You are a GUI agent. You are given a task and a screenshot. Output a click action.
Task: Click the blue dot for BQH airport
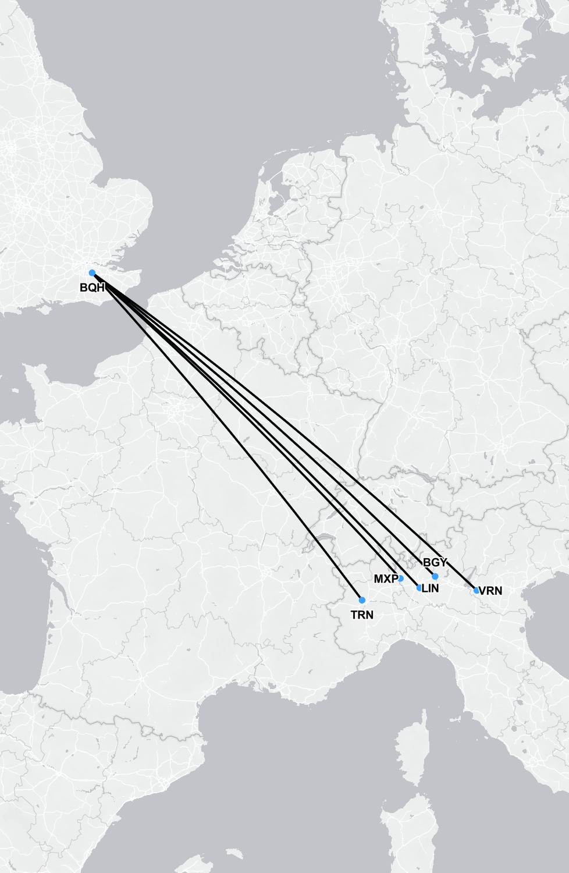[92, 273]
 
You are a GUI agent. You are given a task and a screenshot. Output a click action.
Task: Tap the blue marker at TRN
[362, 600]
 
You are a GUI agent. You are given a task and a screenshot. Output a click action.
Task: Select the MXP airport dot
[400, 579]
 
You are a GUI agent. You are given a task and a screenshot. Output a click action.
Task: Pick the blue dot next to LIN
[419, 588]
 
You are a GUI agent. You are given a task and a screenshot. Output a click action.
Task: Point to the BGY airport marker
[435, 576]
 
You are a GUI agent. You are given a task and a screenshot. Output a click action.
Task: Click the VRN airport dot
[476, 591]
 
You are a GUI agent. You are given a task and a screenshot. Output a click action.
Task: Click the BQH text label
[92, 288]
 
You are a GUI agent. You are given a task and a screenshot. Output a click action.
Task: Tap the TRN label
[362, 615]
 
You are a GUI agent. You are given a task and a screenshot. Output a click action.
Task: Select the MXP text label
[386, 579]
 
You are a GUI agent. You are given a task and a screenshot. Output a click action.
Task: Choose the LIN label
[431, 588]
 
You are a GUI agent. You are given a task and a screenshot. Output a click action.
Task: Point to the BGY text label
[435, 563]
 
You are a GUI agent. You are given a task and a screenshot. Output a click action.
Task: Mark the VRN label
[490, 591]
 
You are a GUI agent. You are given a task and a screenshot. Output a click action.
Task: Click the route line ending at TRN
[227, 436]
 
